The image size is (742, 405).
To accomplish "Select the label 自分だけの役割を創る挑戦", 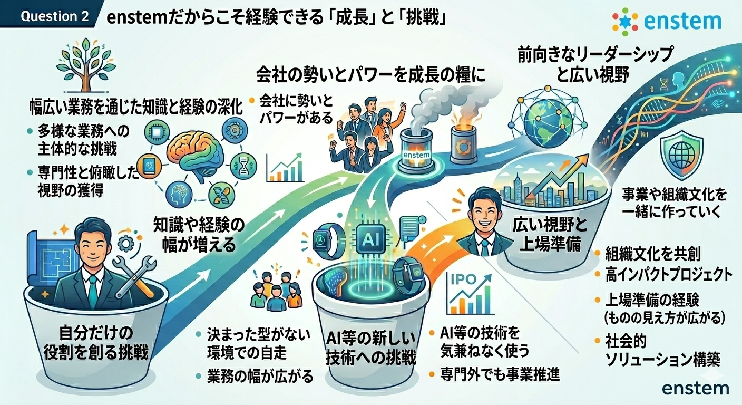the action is point(96,343).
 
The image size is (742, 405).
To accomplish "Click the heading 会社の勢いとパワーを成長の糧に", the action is point(371,74).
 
